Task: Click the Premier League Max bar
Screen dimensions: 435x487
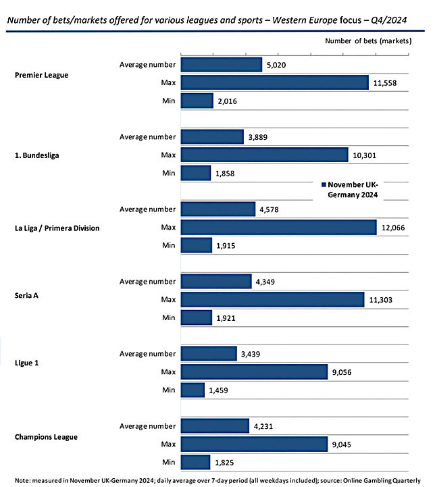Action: [275, 82]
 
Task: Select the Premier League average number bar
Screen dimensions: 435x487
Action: [222, 65]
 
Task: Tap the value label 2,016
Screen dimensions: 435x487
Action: [227, 101]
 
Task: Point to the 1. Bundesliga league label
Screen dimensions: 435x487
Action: [37, 155]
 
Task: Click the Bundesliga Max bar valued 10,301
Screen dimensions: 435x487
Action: [265, 155]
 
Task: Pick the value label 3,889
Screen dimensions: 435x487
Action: [258, 137]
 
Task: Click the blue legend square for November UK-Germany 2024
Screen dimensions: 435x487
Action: [324, 184]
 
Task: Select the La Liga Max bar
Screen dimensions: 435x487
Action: [279, 228]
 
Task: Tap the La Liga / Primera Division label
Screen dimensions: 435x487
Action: [57, 228]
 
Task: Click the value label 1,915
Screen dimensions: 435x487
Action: [226, 246]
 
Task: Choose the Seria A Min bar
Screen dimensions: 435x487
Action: [197, 317]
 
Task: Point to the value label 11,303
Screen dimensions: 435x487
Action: [381, 300]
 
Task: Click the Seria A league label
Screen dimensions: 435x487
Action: [26, 295]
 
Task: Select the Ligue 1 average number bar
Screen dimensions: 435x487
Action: [209, 353]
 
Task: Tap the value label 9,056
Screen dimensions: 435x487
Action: [342, 372]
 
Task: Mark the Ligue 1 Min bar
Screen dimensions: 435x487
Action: [193, 390]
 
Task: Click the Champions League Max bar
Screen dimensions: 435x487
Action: [254, 444]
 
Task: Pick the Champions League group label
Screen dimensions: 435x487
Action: [46, 437]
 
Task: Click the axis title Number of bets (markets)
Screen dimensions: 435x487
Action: [368, 41]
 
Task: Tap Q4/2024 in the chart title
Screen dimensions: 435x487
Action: [389, 20]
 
